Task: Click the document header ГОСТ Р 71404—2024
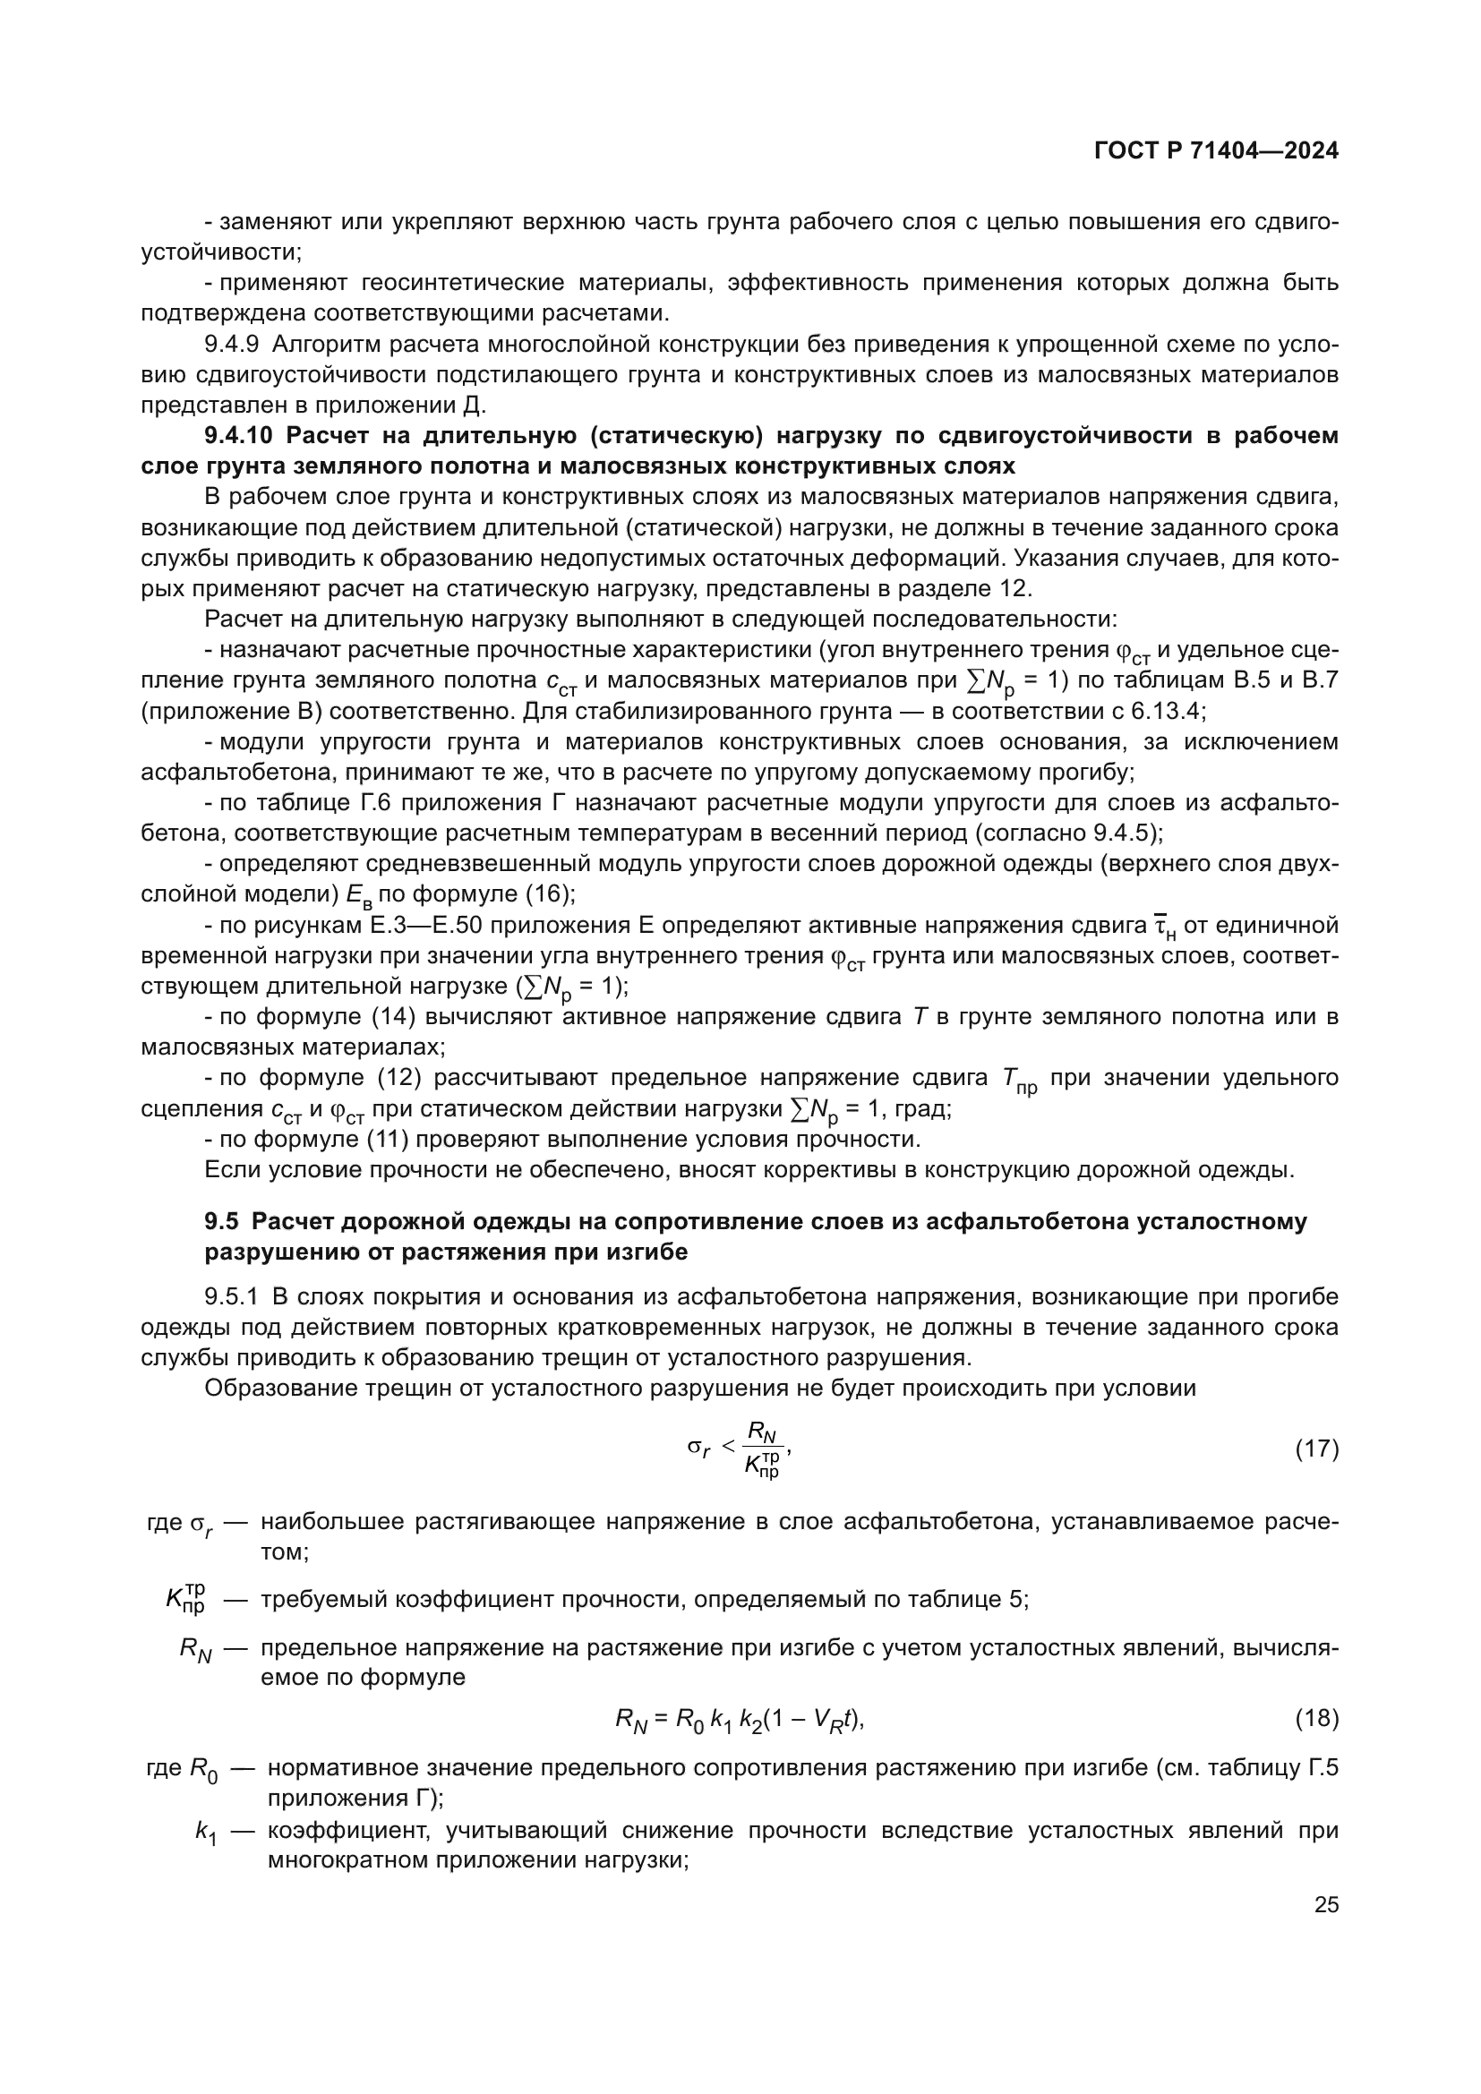[x=1216, y=151]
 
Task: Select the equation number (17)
[x=1317, y=1449]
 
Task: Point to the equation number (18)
[x=1317, y=1718]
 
